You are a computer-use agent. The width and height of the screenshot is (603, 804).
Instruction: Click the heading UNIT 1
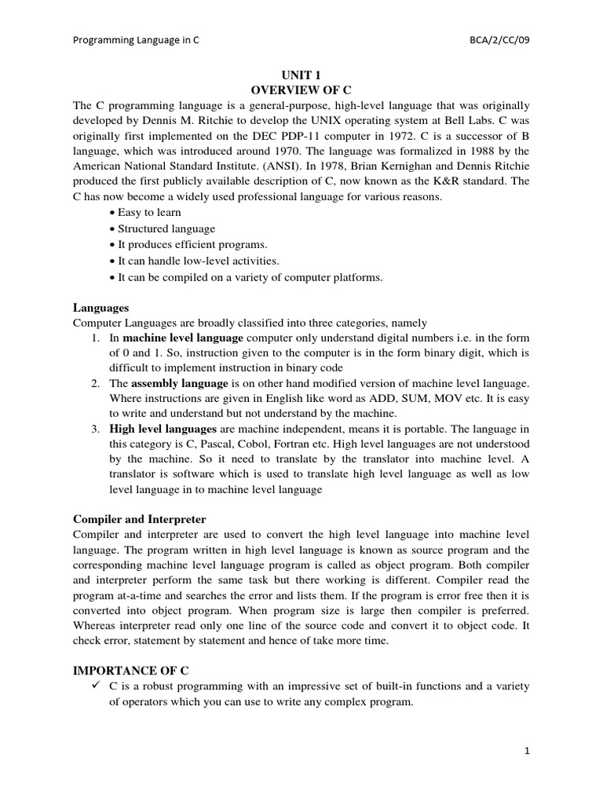click(x=301, y=75)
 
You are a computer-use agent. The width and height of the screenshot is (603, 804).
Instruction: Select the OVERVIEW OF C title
click(x=301, y=90)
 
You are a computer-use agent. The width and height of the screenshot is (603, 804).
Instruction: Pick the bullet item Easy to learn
click(x=149, y=212)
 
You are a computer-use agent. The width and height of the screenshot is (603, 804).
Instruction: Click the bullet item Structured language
click(x=166, y=228)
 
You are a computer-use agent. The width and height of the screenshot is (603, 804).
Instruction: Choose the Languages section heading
click(x=100, y=307)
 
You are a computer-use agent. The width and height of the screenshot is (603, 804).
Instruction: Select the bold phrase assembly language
click(x=180, y=383)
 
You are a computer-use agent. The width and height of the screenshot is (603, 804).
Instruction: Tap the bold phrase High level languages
click(x=163, y=429)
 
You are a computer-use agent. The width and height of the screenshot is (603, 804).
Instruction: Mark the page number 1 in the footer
click(x=528, y=751)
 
